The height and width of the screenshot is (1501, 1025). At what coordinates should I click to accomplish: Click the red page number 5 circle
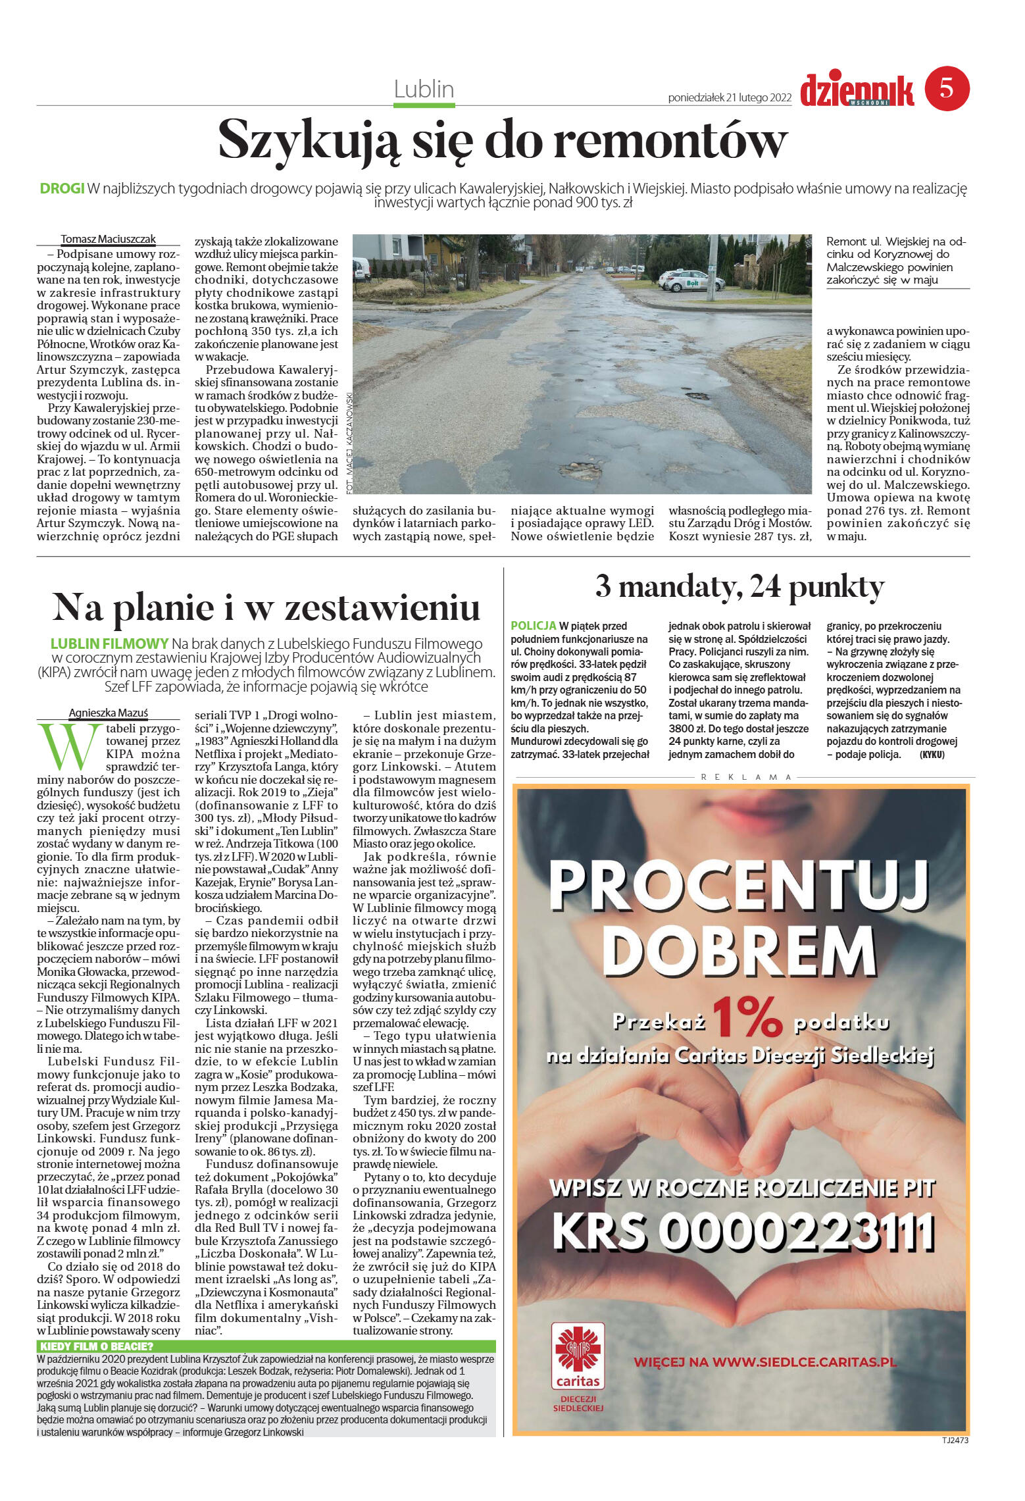[x=947, y=88]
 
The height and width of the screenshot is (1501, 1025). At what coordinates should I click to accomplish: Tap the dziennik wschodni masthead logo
[x=857, y=91]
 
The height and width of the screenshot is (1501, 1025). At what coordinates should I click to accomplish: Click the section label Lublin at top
[x=424, y=89]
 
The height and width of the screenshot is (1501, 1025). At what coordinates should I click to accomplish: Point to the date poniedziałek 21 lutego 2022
[x=729, y=98]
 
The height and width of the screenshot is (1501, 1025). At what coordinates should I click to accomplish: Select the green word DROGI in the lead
[x=62, y=189]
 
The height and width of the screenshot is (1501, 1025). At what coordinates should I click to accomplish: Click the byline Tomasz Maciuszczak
[x=109, y=240]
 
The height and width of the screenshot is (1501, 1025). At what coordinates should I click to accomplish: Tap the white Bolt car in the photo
[x=691, y=282]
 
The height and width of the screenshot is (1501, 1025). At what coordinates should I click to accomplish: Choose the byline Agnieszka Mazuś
[x=109, y=713]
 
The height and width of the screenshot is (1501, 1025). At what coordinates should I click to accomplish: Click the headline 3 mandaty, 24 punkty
[x=739, y=587]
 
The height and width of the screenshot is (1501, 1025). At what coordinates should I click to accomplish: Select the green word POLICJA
[x=533, y=626]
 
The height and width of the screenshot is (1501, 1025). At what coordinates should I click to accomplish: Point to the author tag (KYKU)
[x=932, y=755]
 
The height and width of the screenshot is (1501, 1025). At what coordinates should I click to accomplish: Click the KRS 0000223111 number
[x=743, y=1234]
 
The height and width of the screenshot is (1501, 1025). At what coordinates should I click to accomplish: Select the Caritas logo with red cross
[x=578, y=1357]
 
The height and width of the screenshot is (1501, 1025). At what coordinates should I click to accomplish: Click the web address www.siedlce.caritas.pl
[x=764, y=1362]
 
